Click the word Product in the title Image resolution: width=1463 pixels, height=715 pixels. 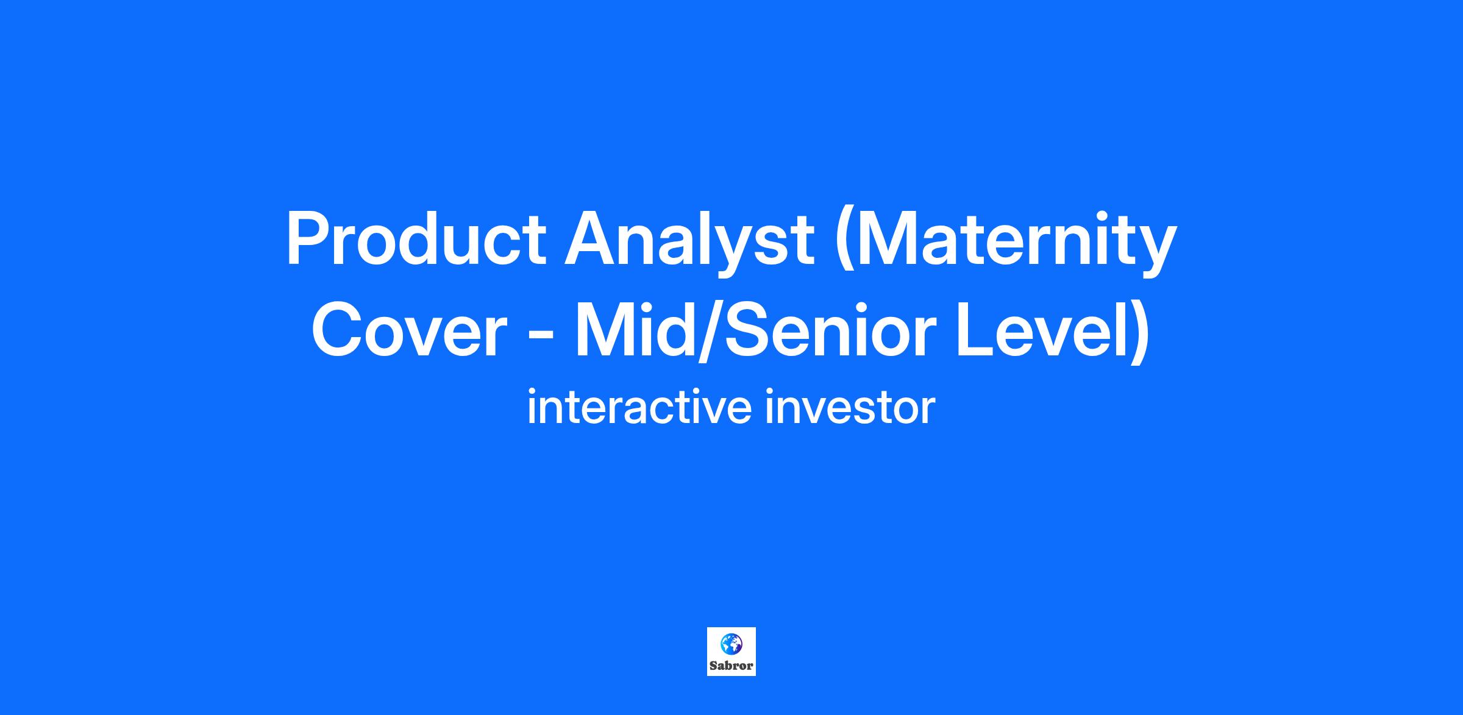(416, 238)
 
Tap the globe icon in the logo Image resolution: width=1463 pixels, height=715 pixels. (731, 642)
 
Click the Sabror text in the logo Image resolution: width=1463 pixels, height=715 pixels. (731, 665)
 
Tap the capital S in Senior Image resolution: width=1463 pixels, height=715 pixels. (754, 330)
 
